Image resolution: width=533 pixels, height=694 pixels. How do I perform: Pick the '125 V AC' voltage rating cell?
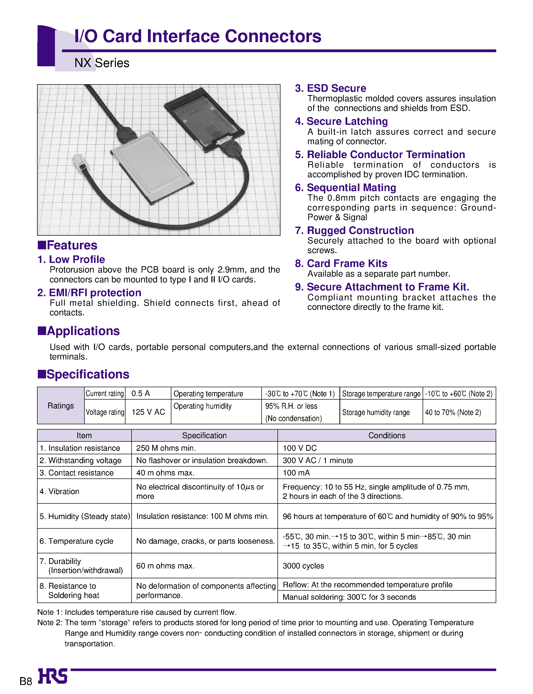tap(148, 412)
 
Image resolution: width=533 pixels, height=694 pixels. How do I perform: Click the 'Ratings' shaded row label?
tap(60, 406)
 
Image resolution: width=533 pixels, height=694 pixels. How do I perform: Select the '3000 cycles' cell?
tap(303, 566)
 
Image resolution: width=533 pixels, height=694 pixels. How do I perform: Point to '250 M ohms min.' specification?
tap(166, 448)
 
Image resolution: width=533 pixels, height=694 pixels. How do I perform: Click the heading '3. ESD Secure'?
tap(330, 88)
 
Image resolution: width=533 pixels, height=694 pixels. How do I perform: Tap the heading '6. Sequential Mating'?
tap(345, 188)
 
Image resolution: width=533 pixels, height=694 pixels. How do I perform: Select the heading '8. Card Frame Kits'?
tap(341, 263)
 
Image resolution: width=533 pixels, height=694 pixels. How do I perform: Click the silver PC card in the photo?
tap(152, 168)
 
